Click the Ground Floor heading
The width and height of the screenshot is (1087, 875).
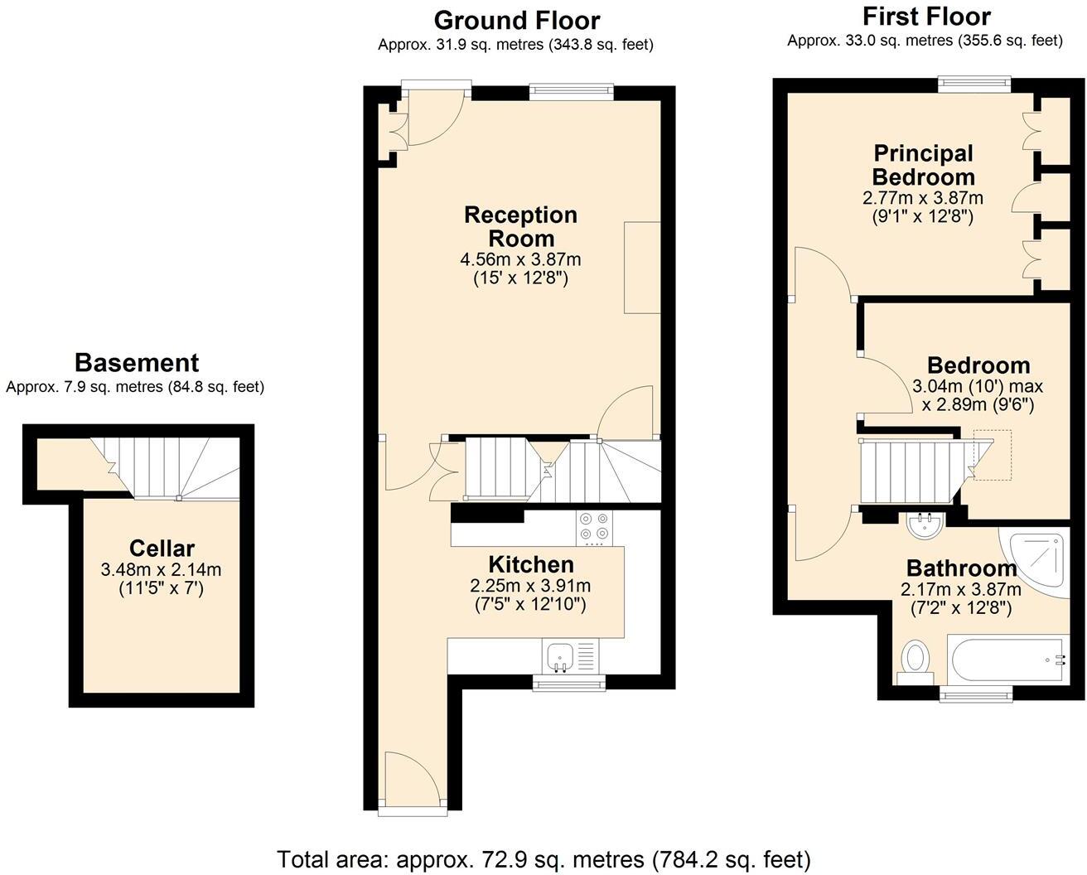pos(516,20)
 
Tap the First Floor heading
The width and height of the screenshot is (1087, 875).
pos(925,17)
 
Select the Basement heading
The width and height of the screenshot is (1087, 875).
pos(137,363)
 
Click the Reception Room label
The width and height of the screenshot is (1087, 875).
pos(520,226)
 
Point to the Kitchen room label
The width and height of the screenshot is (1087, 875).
pos(530,565)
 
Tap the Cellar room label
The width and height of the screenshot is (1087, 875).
pos(162,549)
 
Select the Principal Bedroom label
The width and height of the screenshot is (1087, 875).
pos(923,165)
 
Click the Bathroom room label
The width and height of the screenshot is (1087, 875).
pos(961,568)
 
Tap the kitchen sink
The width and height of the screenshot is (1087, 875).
pos(561,657)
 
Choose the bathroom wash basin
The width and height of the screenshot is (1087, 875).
pos(925,525)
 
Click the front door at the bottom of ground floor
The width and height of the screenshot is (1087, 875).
pos(412,781)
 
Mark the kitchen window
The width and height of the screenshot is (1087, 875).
pos(568,682)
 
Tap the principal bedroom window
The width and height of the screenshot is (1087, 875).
pos(974,84)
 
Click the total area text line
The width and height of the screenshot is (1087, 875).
pos(543,859)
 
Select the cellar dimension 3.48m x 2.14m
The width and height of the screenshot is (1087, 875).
pos(161,570)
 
